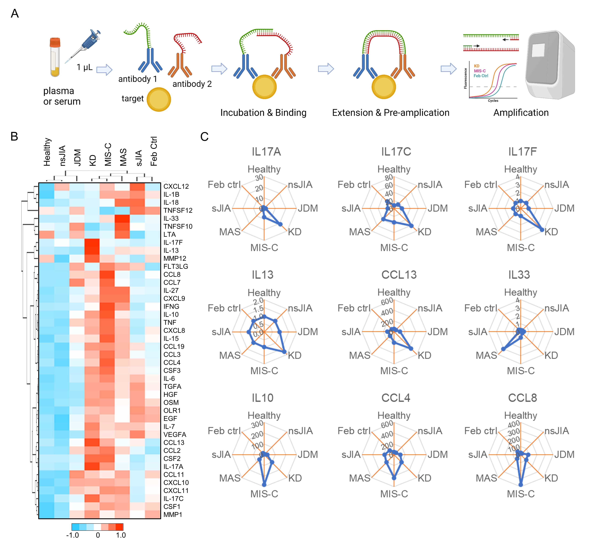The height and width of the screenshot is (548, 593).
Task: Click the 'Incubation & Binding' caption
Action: [x=263, y=113]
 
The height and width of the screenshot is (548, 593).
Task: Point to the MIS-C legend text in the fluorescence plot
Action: [x=480, y=71]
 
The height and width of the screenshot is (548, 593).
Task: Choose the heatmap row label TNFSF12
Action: [x=178, y=211]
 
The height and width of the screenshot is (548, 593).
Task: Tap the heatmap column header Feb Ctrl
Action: [x=154, y=151]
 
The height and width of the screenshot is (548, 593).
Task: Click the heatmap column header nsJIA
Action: [x=62, y=156]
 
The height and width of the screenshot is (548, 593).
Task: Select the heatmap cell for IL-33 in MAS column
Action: [x=122, y=219]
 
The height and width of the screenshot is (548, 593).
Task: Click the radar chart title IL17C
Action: [x=396, y=152]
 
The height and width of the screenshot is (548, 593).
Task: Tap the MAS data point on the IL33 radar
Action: [x=503, y=349]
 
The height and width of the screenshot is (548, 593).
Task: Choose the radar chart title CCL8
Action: [x=522, y=398]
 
